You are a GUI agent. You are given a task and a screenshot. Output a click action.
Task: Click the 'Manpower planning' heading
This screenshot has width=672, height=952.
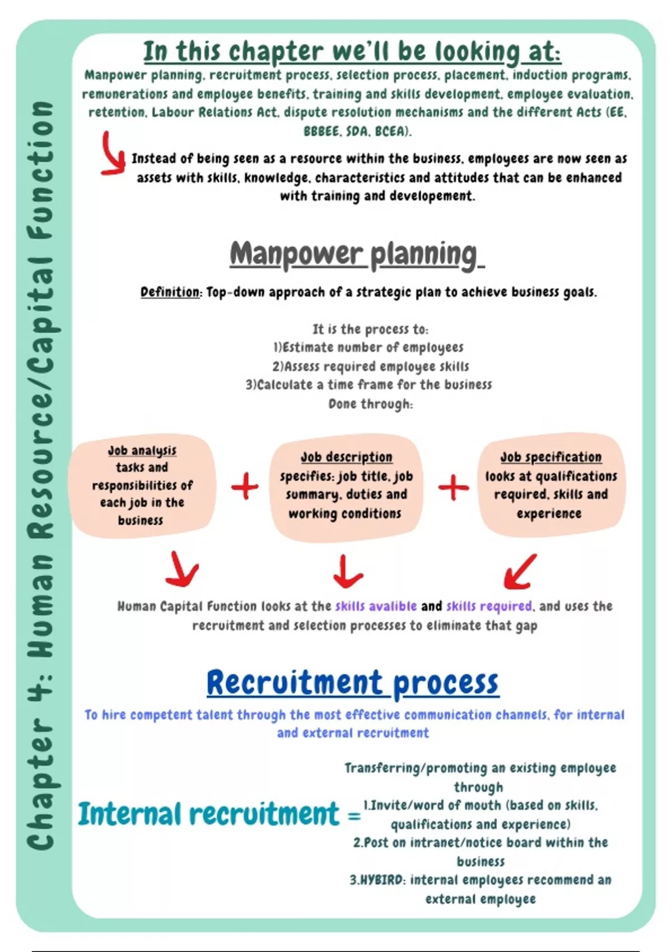(x=356, y=255)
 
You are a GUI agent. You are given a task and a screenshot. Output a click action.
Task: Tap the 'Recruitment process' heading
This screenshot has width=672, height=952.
(x=352, y=683)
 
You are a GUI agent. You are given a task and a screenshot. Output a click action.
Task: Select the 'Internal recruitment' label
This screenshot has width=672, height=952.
(x=208, y=814)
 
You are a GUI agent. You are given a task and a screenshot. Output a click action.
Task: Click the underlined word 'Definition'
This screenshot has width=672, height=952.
(x=170, y=292)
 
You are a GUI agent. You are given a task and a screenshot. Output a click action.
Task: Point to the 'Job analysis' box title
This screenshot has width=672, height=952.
(x=142, y=451)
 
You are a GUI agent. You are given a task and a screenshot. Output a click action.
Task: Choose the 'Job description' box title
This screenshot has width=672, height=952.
(x=346, y=458)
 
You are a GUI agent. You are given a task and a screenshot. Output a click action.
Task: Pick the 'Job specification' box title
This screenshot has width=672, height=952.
(x=550, y=458)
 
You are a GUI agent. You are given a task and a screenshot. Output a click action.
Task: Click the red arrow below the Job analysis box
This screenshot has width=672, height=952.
(x=183, y=570)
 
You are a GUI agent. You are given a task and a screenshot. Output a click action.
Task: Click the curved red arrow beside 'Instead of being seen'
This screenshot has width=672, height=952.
(x=113, y=154)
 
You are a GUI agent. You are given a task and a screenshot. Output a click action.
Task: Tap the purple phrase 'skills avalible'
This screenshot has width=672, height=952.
(x=376, y=606)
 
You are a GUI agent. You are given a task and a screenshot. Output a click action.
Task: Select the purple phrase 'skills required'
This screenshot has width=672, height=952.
(x=489, y=606)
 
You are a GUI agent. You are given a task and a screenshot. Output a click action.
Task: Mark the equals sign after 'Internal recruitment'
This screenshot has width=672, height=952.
(x=354, y=816)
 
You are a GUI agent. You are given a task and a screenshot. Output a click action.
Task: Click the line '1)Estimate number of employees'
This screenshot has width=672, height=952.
(x=368, y=348)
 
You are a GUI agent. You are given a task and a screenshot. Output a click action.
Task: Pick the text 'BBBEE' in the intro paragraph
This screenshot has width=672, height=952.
(x=321, y=132)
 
